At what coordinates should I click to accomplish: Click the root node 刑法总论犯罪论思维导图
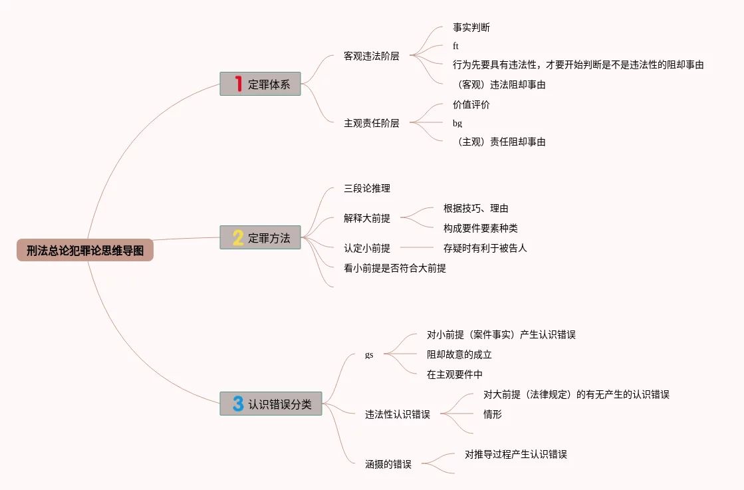tap(85, 251)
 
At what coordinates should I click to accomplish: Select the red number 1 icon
tap(238, 84)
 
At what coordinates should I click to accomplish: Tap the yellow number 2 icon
tap(238, 237)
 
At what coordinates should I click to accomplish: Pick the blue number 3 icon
tap(238, 404)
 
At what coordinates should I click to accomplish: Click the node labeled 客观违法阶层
tap(371, 56)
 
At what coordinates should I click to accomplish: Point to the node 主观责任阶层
tap(371, 123)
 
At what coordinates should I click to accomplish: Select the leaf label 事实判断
tap(471, 28)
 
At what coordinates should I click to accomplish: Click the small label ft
tap(455, 47)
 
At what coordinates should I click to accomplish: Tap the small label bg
tap(457, 124)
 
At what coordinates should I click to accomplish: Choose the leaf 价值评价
tap(471, 104)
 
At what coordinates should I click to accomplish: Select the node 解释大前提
tap(366, 218)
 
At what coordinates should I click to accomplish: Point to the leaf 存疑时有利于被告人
tap(485, 248)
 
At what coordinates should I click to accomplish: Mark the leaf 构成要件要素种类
tap(480, 228)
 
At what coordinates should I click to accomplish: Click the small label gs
tap(369, 355)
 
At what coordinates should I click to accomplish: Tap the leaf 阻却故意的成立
tap(459, 354)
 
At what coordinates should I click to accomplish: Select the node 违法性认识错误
tap(397, 414)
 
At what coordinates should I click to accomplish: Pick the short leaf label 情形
tap(492, 414)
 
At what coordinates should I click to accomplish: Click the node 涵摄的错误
tap(388, 464)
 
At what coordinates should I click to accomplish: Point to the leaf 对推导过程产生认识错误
tap(515, 454)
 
